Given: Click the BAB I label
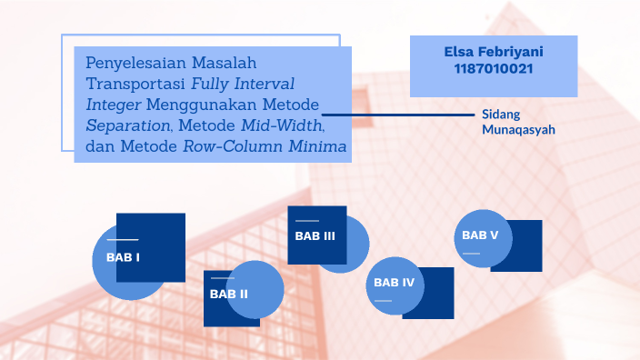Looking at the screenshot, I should click(x=123, y=257).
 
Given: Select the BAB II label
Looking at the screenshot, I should click(x=228, y=294).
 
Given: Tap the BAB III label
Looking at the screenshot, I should click(x=315, y=236).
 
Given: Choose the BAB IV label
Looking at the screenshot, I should click(x=394, y=283).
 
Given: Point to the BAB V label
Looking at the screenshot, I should click(x=480, y=235).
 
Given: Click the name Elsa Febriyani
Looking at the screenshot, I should click(x=494, y=53).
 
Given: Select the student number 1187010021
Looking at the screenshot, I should click(x=494, y=69).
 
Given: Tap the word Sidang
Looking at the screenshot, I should click(x=499, y=115).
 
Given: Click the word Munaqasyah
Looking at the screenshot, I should click(x=518, y=130).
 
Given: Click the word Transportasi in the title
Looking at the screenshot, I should click(x=135, y=85).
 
